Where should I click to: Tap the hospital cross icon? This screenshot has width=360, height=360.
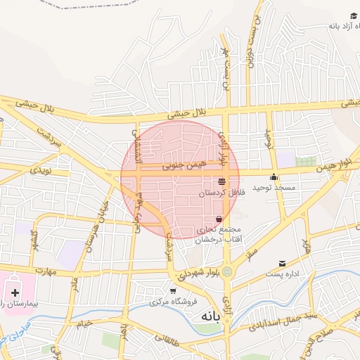pos(15,292)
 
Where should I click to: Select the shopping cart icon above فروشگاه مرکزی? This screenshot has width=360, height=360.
pos(173,290)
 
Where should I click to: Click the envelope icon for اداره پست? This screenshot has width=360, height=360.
pos(283,263)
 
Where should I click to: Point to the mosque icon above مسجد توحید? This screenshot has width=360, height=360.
pos(274,176)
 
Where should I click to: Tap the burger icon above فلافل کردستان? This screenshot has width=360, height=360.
pos(222,181)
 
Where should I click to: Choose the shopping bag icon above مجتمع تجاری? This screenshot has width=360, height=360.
pos(219,218)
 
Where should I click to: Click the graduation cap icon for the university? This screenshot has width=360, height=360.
pos(353,16)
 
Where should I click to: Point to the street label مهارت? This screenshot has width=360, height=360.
pos(44,270)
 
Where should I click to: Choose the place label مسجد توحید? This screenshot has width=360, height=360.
pos(274,188)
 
